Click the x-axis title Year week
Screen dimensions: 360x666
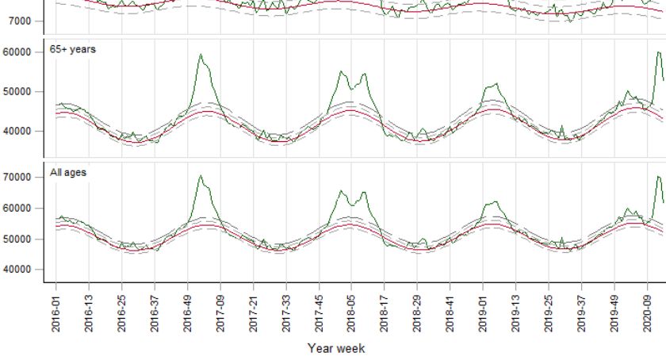coord(336,347)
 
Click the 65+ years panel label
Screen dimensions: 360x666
coord(73,49)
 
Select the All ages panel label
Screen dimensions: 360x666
coord(68,172)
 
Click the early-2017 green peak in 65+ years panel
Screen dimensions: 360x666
coord(201,55)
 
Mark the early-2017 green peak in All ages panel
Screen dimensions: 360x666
coord(201,176)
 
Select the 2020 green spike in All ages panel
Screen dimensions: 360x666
coord(658,177)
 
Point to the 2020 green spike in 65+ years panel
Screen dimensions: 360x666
coord(658,53)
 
